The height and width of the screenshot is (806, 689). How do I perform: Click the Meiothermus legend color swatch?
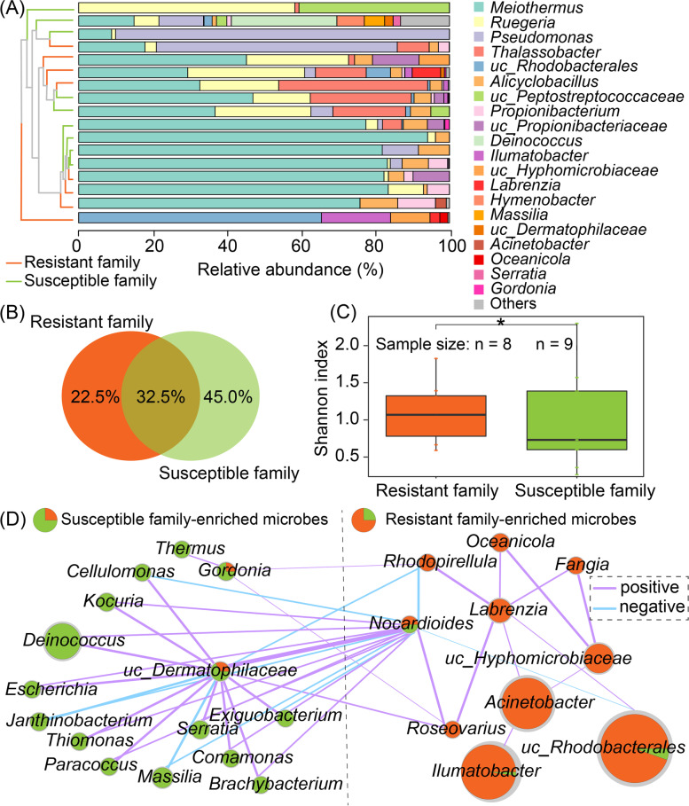(x=472, y=10)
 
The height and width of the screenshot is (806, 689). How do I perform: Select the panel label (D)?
(x=14, y=517)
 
